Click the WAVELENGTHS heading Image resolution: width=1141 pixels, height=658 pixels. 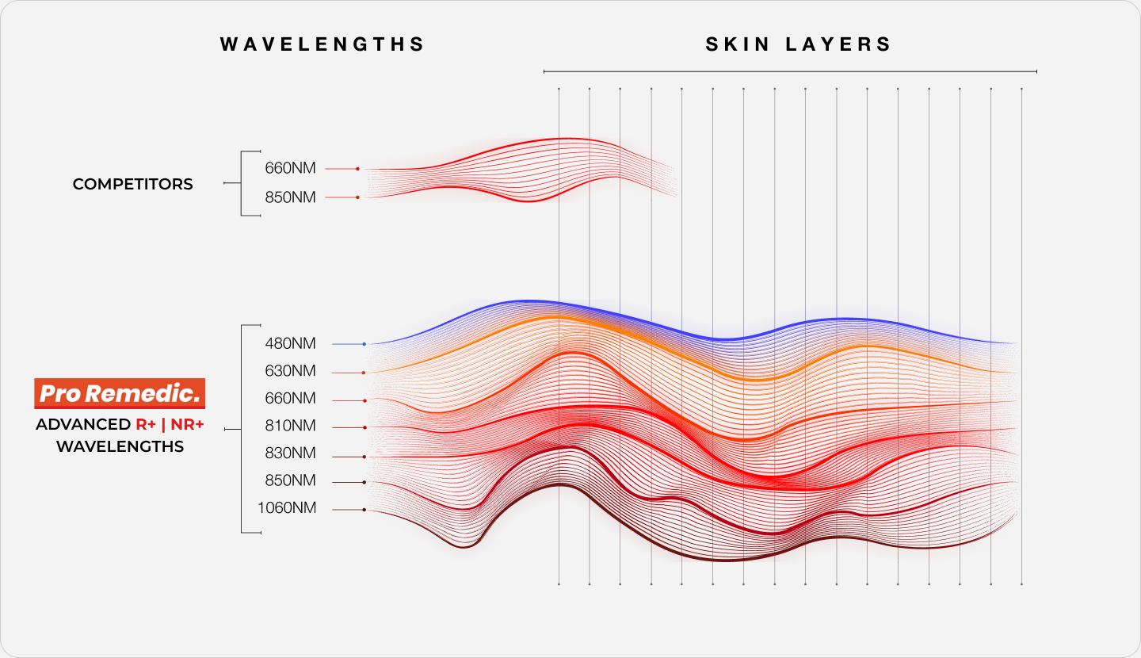(x=322, y=44)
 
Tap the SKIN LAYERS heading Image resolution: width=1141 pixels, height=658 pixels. (x=799, y=44)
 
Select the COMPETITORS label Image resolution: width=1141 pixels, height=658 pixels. (x=132, y=184)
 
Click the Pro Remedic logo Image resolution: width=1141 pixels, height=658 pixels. (x=120, y=393)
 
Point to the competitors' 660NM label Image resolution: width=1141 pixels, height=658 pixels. (x=290, y=169)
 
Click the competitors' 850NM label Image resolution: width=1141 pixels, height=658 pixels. (x=290, y=197)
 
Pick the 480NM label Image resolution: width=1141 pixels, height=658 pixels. (x=291, y=344)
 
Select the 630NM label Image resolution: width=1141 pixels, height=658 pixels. (x=291, y=371)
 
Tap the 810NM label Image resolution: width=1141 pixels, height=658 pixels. (x=291, y=427)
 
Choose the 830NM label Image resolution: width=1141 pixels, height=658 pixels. (x=291, y=453)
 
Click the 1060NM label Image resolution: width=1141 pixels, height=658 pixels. (x=287, y=508)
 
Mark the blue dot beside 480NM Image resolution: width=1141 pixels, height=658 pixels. (x=364, y=344)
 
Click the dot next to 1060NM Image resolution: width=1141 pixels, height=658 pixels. (x=364, y=510)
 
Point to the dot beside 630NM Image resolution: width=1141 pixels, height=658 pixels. (x=364, y=373)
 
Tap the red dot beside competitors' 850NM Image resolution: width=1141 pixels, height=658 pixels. (x=357, y=197)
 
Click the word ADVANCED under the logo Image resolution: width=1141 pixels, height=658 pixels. (x=82, y=425)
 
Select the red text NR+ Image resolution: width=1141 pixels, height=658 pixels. (x=187, y=425)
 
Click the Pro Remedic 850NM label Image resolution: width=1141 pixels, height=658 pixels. (x=291, y=480)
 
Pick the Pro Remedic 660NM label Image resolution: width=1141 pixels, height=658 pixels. (x=291, y=398)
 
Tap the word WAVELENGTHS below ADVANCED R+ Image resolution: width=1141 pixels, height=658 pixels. (x=120, y=447)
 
